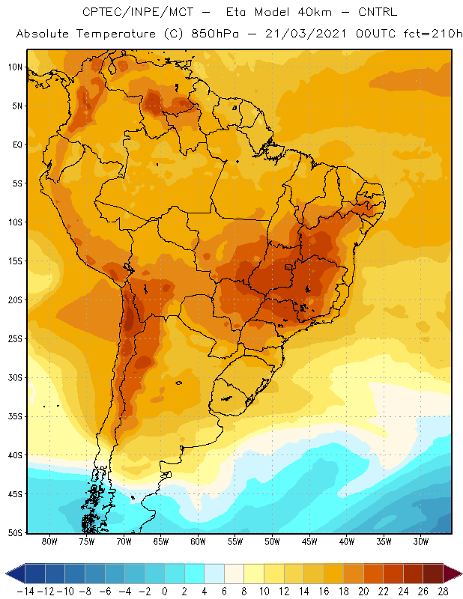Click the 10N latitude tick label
[x=15, y=67]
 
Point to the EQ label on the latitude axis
[x=17, y=145]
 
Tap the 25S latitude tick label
[x=15, y=339]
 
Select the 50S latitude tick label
[x=15, y=533]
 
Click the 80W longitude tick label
[x=49, y=541]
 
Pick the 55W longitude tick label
[x=235, y=541]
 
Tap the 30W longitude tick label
[x=421, y=541]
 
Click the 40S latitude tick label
[x=15, y=455]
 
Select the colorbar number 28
[x=443, y=592]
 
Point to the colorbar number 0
[x=165, y=592]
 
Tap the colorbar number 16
[x=324, y=592]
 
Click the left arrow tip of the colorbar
[x=6, y=574]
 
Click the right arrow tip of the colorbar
[x=462, y=574]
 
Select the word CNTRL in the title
[x=378, y=12]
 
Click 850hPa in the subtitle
[x=215, y=34]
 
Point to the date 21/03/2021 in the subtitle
[x=306, y=34]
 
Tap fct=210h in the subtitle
[x=433, y=34]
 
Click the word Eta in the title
[x=235, y=12]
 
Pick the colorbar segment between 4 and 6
[x=214, y=574]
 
